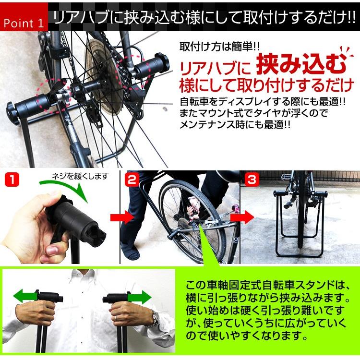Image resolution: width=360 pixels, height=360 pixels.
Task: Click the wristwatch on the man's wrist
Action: [x=155, y=317]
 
